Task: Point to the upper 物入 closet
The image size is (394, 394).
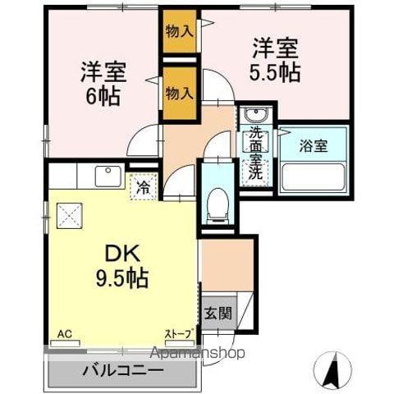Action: click(179, 32)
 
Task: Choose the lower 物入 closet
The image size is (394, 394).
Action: click(179, 92)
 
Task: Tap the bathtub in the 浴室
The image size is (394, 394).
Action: click(313, 176)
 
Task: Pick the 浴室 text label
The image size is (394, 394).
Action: click(312, 146)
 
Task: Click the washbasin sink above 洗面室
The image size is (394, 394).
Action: click(254, 114)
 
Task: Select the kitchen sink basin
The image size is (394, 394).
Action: click(107, 176)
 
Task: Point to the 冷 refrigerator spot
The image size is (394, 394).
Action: click(143, 187)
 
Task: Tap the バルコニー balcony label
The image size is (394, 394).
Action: click(122, 371)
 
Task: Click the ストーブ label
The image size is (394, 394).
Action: click(178, 334)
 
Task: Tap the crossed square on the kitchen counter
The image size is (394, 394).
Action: click(70, 215)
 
